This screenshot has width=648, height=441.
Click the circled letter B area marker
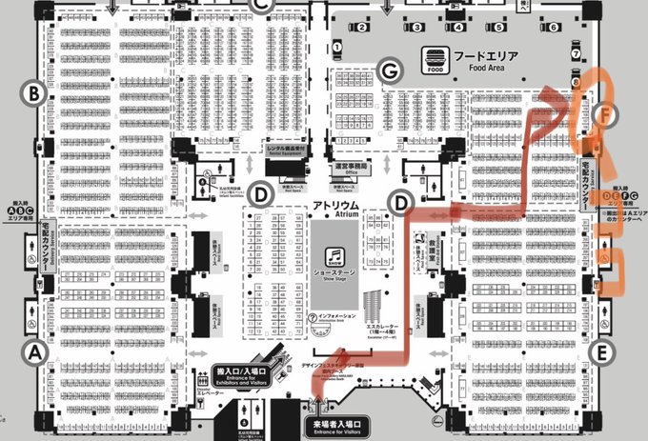(34, 93)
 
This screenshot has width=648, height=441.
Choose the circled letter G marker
(388, 70)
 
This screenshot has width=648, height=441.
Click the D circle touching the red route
(401, 201)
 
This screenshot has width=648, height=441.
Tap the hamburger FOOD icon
(435, 60)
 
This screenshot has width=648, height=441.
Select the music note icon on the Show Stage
(335, 256)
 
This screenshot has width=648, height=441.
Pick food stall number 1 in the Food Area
(337, 46)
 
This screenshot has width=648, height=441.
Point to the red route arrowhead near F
(551, 95)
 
